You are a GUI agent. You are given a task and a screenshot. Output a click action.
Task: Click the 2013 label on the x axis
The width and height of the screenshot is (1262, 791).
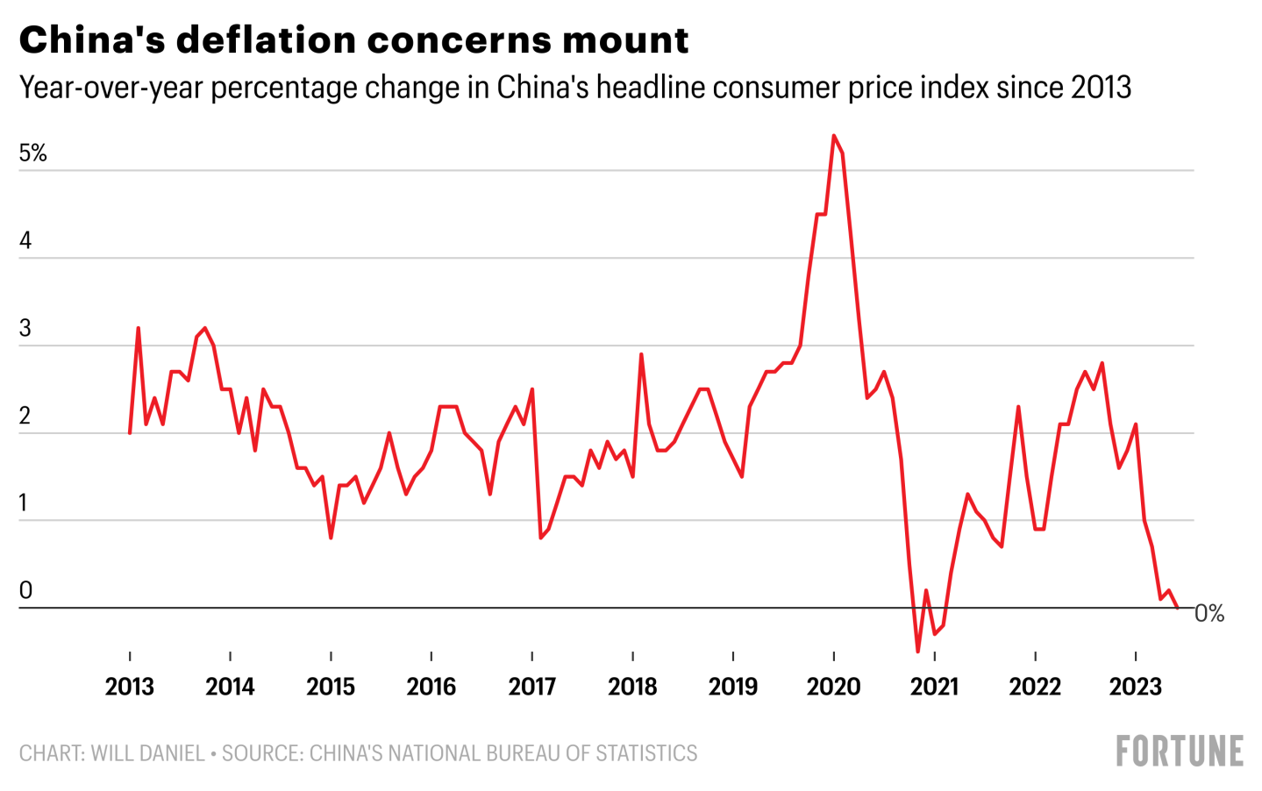tap(130, 686)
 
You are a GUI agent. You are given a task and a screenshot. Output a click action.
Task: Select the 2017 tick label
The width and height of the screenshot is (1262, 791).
tap(532, 686)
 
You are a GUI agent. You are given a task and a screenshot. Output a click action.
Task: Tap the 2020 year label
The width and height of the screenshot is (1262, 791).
tap(833, 686)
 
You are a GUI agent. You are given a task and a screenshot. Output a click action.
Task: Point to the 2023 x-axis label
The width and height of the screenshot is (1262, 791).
tap(1136, 686)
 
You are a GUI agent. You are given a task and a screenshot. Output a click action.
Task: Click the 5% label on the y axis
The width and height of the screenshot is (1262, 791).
tap(32, 153)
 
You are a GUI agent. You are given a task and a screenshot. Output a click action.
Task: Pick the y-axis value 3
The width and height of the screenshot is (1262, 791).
tap(25, 329)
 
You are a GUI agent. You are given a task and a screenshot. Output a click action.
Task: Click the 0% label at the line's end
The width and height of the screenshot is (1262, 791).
tap(1209, 614)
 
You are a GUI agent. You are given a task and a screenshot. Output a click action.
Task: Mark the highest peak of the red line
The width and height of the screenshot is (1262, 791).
tap(833, 135)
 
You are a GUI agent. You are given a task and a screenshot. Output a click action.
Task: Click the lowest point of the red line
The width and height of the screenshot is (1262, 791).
tap(918, 652)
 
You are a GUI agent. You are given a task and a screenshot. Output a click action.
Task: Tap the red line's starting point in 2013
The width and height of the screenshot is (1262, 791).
tap(130, 433)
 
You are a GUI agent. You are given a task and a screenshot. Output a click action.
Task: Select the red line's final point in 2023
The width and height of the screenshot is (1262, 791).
tap(1177, 607)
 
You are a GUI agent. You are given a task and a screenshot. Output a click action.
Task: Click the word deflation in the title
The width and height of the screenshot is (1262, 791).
tap(275, 40)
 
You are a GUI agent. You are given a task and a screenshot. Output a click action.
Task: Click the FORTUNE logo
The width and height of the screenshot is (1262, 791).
tap(1180, 752)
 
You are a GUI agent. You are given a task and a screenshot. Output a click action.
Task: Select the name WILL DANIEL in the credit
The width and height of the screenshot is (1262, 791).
tap(147, 753)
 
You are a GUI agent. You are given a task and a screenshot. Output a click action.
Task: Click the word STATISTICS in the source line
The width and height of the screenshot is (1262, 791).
tap(646, 753)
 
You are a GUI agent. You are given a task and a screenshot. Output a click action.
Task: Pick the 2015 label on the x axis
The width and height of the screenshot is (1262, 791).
tap(331, 686)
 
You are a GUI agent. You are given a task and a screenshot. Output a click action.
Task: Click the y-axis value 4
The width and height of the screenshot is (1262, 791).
tap(25, 241)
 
